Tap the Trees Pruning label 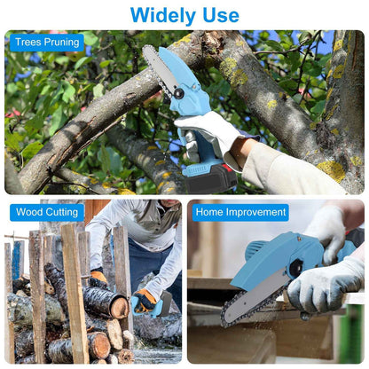[47, 42]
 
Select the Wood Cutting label [47, 212]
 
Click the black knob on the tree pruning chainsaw [178, 92]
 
